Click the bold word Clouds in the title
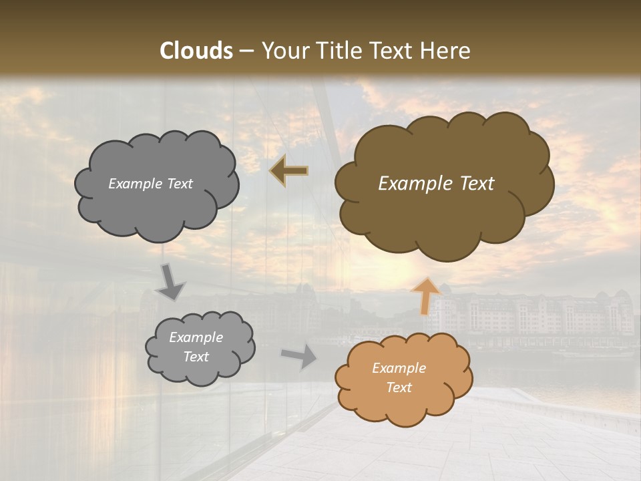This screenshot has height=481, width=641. click(196, 51)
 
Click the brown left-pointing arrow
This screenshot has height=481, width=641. click(289, 171)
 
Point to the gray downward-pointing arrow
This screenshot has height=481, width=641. click(170, 282)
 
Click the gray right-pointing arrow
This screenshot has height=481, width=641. click(299, 356)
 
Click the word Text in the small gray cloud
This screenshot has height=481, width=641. click(196, 357)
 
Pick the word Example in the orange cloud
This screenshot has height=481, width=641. click(399, 368)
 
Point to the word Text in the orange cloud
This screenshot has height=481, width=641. click(399, 387)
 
